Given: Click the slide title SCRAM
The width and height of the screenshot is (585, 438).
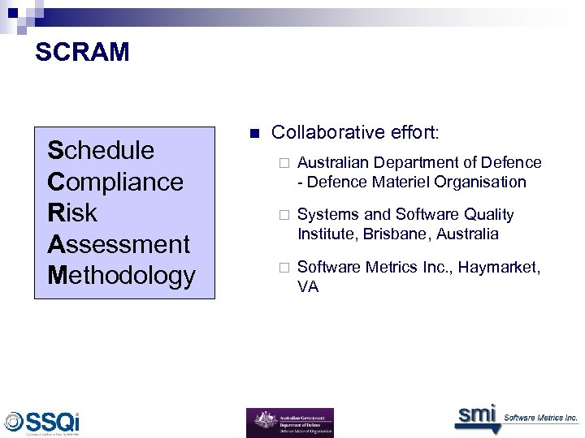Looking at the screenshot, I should [82, 53].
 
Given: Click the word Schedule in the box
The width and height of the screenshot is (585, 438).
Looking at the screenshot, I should [101, 150].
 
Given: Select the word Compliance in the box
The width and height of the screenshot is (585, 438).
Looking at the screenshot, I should [115, 181].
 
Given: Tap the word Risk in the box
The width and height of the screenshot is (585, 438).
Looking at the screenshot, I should [72, 213].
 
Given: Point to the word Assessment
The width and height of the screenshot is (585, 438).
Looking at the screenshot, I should [119, 243].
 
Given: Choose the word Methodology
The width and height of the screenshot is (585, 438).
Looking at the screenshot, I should [122, 275].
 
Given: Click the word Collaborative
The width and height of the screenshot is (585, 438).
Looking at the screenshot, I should [327, 132].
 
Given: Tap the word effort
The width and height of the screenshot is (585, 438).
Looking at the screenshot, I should [414, 132].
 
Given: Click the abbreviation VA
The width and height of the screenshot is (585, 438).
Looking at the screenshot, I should [307, 286].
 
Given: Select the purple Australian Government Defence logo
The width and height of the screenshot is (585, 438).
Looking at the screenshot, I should [289, 423].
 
